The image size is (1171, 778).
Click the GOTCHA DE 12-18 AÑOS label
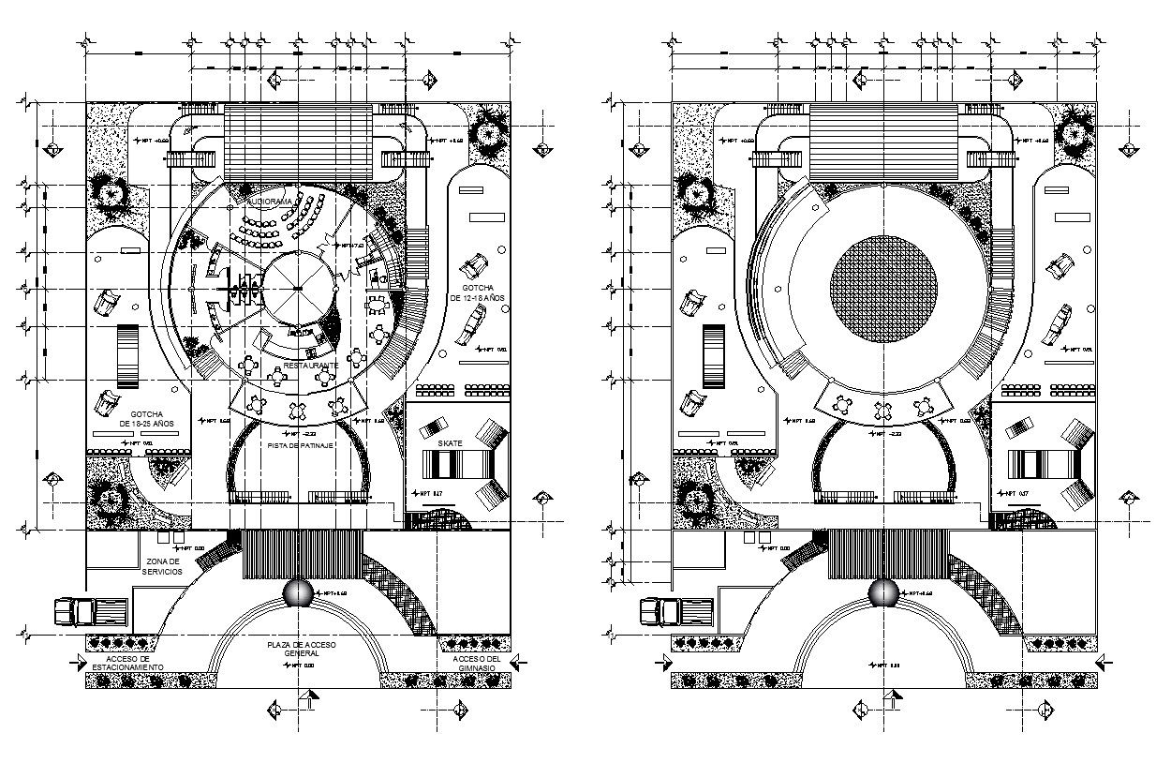[478, 292]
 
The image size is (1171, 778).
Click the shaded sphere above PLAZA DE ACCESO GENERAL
[298, 593]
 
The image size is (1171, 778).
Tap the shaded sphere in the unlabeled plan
[883, 593]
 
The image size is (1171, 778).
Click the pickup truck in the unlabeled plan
[669, 611]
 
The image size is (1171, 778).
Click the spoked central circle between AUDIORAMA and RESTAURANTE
[298, 288]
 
